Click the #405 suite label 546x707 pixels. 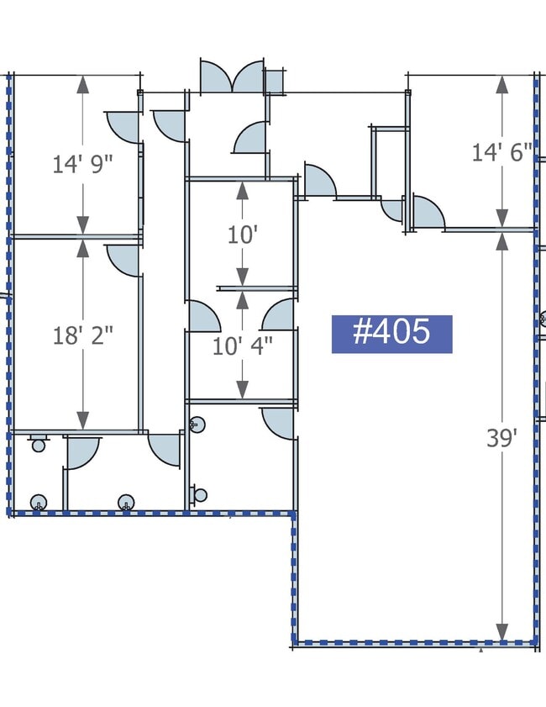[392, 334]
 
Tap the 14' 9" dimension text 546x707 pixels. [82, 164]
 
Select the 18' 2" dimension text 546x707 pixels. [82, 336]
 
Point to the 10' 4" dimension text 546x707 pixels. [243, 346]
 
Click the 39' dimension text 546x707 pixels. [501, 438]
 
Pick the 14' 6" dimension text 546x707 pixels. [501, 152]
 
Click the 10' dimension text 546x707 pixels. [243, 235]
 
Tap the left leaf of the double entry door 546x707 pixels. [216, 76]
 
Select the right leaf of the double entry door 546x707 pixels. [249, 76]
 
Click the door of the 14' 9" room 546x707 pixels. [123, 127]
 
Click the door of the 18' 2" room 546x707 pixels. [123, 260]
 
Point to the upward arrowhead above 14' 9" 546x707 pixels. [82, 84]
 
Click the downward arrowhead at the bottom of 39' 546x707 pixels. [501, 631]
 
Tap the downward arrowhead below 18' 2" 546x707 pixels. [82, 420]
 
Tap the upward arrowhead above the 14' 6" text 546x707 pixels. [501, 84]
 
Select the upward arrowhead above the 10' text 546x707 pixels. [243, 191]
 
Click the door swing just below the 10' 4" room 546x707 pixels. [277, 423]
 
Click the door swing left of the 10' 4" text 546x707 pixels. [203, 316]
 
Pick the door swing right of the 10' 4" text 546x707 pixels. [278, 314]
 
